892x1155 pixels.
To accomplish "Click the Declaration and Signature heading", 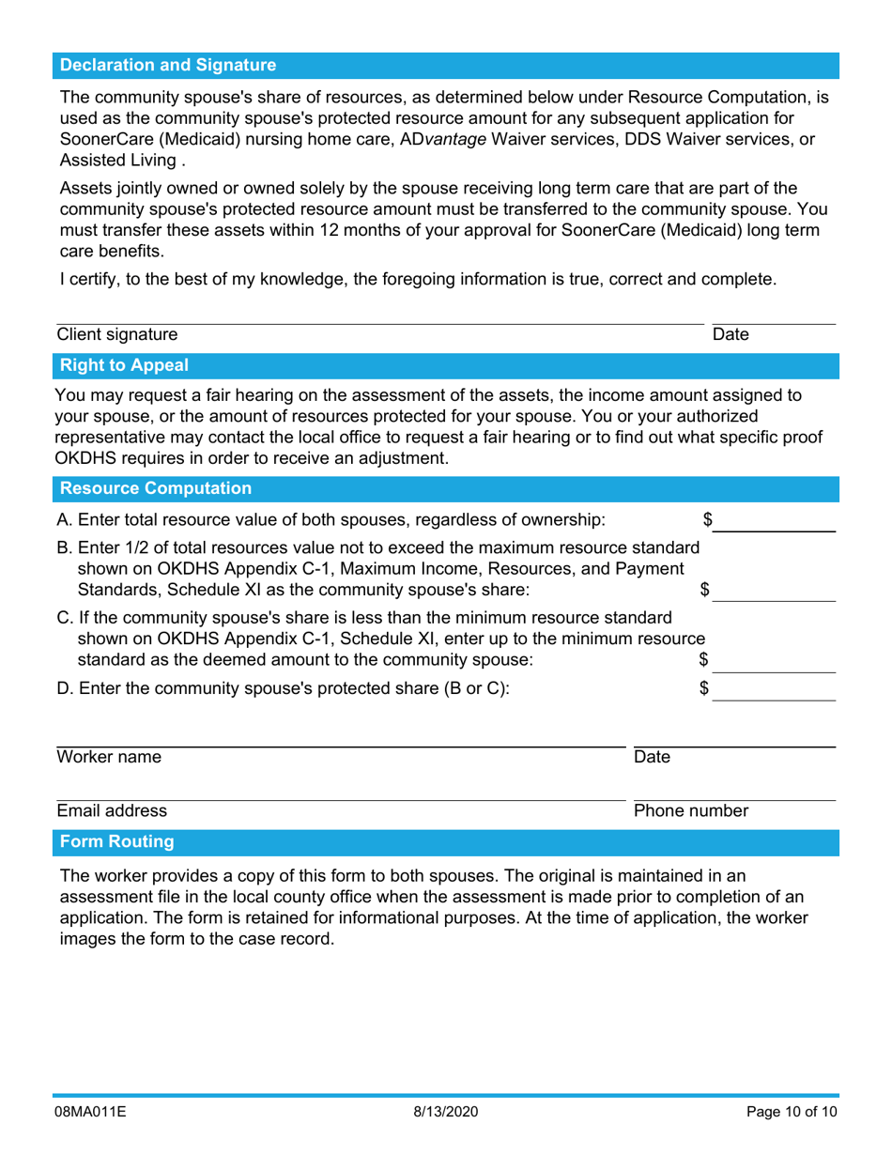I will (168, 66).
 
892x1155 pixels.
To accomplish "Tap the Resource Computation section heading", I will (155, 488).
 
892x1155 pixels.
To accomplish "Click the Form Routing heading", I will (116, 842).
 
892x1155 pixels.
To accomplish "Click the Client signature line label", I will (116, 334).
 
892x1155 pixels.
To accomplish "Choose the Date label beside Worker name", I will (652, 757).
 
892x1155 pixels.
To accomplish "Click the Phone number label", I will (691, 810).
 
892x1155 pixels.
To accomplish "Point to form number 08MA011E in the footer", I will (89, 1112).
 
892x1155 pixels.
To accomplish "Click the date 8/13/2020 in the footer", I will (446, 1112).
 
